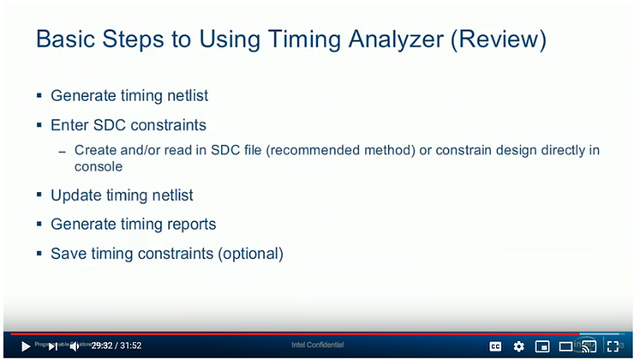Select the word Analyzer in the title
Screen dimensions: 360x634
(x=391, y=39)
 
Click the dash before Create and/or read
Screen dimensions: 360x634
(x=62, y=152)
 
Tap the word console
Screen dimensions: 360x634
(x=99, y=167)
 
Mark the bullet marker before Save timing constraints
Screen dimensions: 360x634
(x=39, y=254)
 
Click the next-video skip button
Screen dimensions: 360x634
(x=52, y=346)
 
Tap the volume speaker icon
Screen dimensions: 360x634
(x=75, y=346)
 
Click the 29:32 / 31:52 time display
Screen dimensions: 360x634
(x=116, y=346)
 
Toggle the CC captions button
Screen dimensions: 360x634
(x=495, y=346)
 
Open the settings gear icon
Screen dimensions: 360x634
(x=518, y=346)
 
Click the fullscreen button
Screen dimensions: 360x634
(x=613, y=346)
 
